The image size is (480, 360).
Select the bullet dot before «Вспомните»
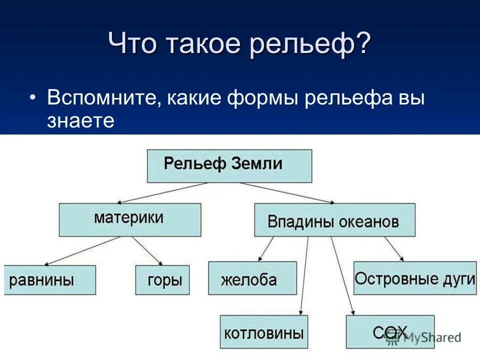[32, 97]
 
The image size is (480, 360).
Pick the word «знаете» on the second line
[81, 121]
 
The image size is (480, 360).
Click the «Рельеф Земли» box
[229, 165]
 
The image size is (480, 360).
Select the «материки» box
[130, 219]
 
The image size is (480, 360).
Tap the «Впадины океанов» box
[334, 220]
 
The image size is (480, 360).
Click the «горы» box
[162, 280]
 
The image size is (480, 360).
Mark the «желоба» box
[252, 278]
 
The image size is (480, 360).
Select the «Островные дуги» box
[414, 277]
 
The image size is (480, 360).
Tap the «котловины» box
[264, 331]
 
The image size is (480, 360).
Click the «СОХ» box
[389, 331]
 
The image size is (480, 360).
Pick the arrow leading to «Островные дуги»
[394, 248]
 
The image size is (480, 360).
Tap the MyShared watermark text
[433, 338]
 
